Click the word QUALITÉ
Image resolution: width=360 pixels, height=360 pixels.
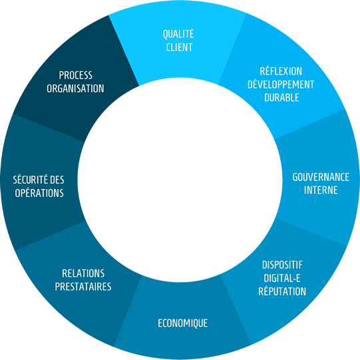[x=178, y=34]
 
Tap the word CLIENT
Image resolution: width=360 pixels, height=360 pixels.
[x=179, y=47]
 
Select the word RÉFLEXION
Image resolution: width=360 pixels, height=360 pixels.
[x=281, y=71]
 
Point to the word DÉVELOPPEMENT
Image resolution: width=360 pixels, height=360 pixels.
[x=281, y=85]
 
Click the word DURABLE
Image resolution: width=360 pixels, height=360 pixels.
[x=281, y=98]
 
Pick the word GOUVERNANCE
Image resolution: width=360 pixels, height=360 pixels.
[x=321, y=177]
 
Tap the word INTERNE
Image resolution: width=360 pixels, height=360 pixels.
[x=321, y=190]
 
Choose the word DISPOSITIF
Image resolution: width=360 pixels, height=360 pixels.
[x=282, y=265]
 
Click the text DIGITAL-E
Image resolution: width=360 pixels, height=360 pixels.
[x=282, y=278]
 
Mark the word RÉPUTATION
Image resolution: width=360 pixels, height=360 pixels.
[x=282, y=291]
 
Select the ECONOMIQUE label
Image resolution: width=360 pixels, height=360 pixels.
[x=183, y=323]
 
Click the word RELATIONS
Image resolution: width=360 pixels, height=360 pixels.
[x=83, y=273]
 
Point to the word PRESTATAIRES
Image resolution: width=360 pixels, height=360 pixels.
[x=83, y=287]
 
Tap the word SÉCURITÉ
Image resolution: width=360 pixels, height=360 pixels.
[x=31, y=180]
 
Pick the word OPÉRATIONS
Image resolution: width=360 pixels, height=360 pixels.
[x=39, y=193]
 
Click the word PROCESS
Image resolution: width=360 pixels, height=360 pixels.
[x=76, y=75]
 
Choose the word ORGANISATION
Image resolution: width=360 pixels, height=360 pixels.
[x=75, y=89]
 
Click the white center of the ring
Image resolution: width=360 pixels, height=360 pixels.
[x=180, y=180]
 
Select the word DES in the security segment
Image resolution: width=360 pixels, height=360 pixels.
[x=57, y=180]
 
